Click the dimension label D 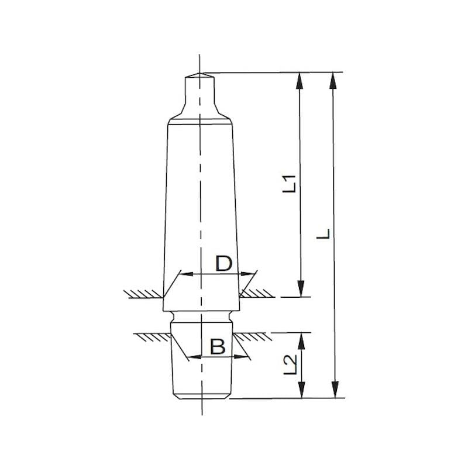223,264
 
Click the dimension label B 218,346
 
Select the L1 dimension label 289,183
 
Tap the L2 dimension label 290,364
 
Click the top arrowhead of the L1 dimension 300,81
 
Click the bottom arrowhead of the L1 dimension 301,288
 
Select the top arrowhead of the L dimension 333,81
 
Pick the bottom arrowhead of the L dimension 335,390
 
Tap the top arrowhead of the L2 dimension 302,341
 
